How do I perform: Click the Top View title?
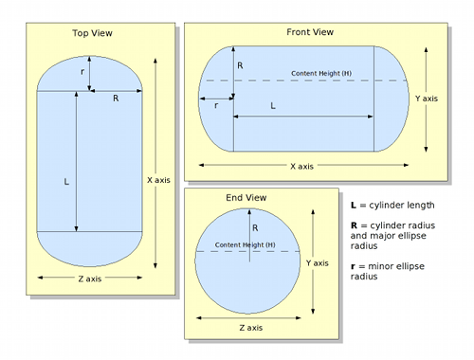pos(92,33)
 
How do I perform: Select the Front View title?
pos(310,32)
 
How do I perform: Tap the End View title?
pos(246,198)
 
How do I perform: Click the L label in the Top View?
pos(66,182)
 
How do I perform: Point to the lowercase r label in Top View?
pos(82,72)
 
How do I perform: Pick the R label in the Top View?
pos(116,99)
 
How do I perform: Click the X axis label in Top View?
pos(158,180)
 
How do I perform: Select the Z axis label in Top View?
pos(90,279)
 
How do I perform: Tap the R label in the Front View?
pos(240,65)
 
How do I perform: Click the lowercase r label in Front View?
pos(216,106)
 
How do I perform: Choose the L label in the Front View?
pos(273,106)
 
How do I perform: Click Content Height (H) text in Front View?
pos(321,73)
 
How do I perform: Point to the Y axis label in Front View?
pos(427,99)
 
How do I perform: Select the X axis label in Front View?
pos(302,167)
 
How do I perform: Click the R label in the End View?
pos(255,228)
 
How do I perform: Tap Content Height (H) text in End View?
pos(246,244)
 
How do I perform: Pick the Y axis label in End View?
pos(318,263)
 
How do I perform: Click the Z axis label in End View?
pos(251,328)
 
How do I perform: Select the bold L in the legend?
pos(354,206)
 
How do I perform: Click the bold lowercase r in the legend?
pos(353,266)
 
